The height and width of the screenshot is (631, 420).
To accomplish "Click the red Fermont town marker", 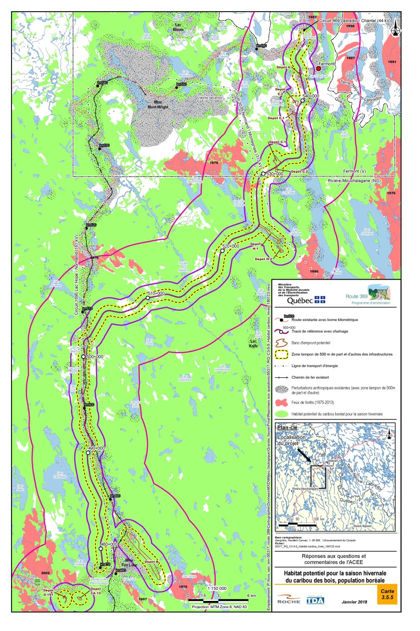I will (318, 69).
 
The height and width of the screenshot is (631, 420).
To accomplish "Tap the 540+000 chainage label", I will (311, 96).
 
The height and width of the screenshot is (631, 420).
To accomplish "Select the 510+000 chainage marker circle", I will (147, 298).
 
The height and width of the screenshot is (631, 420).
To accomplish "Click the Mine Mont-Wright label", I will (158, 105).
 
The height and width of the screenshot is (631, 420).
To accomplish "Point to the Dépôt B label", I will (151, 562).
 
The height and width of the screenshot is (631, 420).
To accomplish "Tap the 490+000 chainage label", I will (96, 448).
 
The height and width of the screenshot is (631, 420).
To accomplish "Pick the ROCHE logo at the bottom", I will (288, 600).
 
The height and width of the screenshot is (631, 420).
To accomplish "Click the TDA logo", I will (315, 600).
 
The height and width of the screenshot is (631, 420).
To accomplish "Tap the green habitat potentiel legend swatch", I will (281, 414).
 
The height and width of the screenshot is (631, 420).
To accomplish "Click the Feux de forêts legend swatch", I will (281, 402).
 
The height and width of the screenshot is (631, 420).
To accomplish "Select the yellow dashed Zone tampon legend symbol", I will (281, 354).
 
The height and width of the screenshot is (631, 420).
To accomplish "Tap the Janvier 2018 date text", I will (354, 602).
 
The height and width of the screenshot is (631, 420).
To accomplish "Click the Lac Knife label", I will (253, 344).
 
